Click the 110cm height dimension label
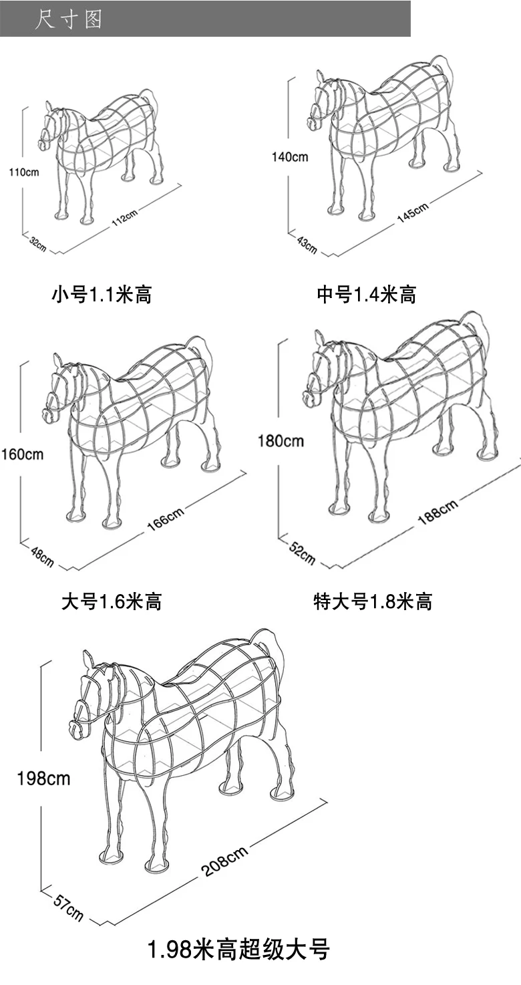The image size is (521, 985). pyautogui.click(x=24, y=172)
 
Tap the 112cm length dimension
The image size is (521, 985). pyautogui.click(x=124, y=217)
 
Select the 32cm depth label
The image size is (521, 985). pyautogui.click(x=37, y=245)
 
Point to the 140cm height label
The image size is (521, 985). pyautogui.click(x=290, y=157)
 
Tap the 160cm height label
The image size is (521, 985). pyautogui.click(x=22, y=454)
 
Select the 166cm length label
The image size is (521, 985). pyautogui.click(x=165, y=519)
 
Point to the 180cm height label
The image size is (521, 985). pyautogui.click(x=281, y=441)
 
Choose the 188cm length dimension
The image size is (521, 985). pyautogui.click(x=438, y=513)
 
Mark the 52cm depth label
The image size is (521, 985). pyautogui.click(x=303, y=553)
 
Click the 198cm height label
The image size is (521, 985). pyautogui.click(x=44, y=779)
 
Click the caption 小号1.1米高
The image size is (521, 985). pyautogui.click(x=102, y=295)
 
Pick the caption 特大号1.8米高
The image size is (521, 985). pyautogui.click(x=373, y=601)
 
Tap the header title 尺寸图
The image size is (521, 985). pyautogui.click(x=69, y=19)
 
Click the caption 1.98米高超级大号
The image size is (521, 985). pyautogui.click(x=238, y=950)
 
